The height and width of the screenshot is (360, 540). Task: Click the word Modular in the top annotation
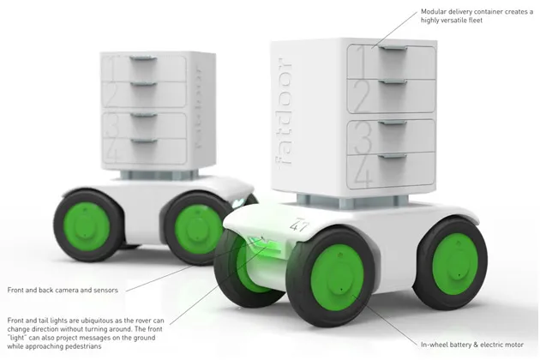coord(437,12)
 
